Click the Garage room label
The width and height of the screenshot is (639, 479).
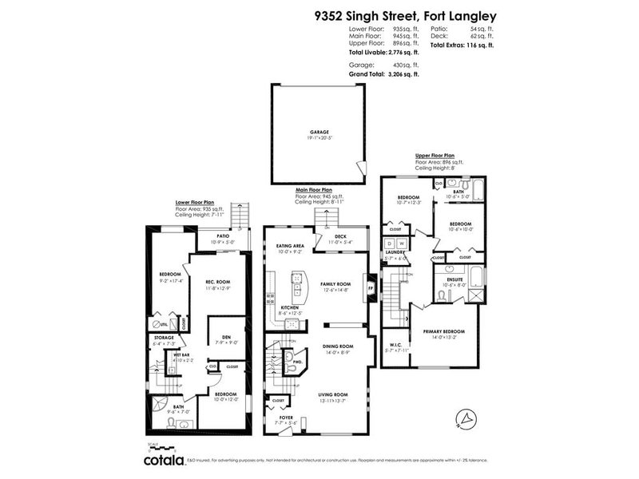(x=319, y=132)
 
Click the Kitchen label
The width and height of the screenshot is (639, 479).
(x=290, y=308)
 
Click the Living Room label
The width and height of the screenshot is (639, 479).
(x=334, y=394)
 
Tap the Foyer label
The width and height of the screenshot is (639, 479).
(x=286, y=416)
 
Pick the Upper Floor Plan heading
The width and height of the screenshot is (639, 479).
(x=435, y=156)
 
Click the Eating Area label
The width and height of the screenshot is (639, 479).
(x=290, y=247)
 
